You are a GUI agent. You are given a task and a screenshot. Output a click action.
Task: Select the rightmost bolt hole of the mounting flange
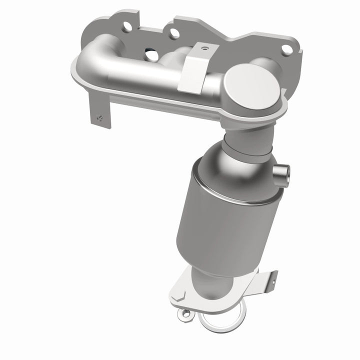287,49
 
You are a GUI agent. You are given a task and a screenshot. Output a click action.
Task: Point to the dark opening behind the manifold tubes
149,51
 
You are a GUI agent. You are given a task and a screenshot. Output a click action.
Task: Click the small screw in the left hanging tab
98,118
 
